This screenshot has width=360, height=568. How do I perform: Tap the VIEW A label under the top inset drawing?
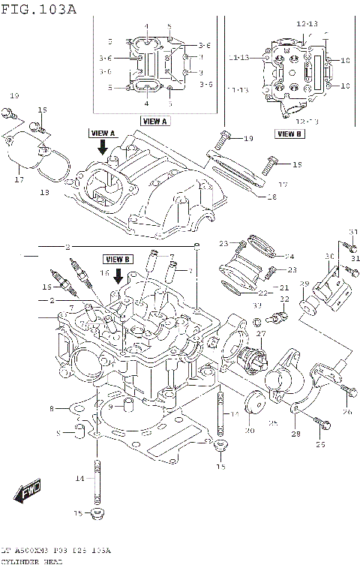click(x=155, y=121)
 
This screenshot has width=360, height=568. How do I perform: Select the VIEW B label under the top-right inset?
click(x=289, y=134)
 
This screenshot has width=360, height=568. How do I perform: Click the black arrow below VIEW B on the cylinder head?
click(x=118, y=275)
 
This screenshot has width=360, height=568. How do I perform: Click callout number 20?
click(x=249, y=431)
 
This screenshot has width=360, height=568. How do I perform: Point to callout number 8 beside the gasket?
click(x=52, y=408)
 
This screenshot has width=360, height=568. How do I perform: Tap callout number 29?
click(x=304, y=283)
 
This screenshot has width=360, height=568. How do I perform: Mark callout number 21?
click(x=284, y=287)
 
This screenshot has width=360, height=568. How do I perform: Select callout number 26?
click(x=347, y=412)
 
